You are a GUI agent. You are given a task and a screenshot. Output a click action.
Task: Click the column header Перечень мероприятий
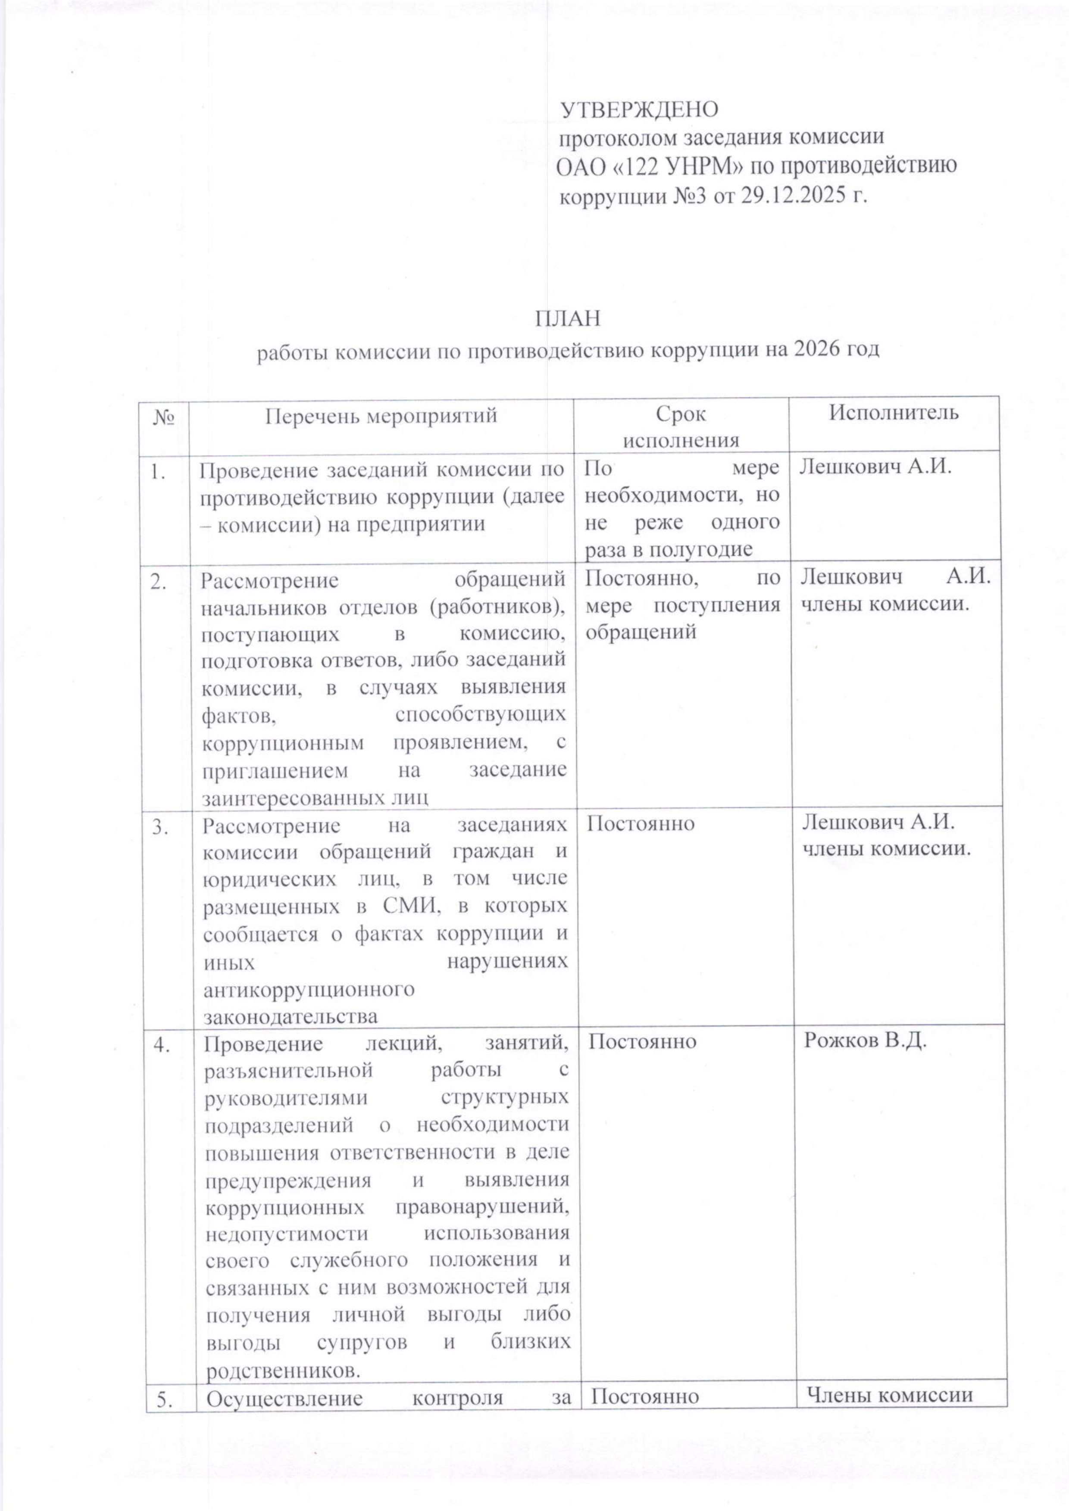point(381,415)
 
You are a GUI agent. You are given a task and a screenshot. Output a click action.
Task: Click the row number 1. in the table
point(158,471)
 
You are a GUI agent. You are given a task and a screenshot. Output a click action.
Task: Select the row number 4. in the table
point(161,1044)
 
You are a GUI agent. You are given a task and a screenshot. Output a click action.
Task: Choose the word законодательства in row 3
point(290,1016)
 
